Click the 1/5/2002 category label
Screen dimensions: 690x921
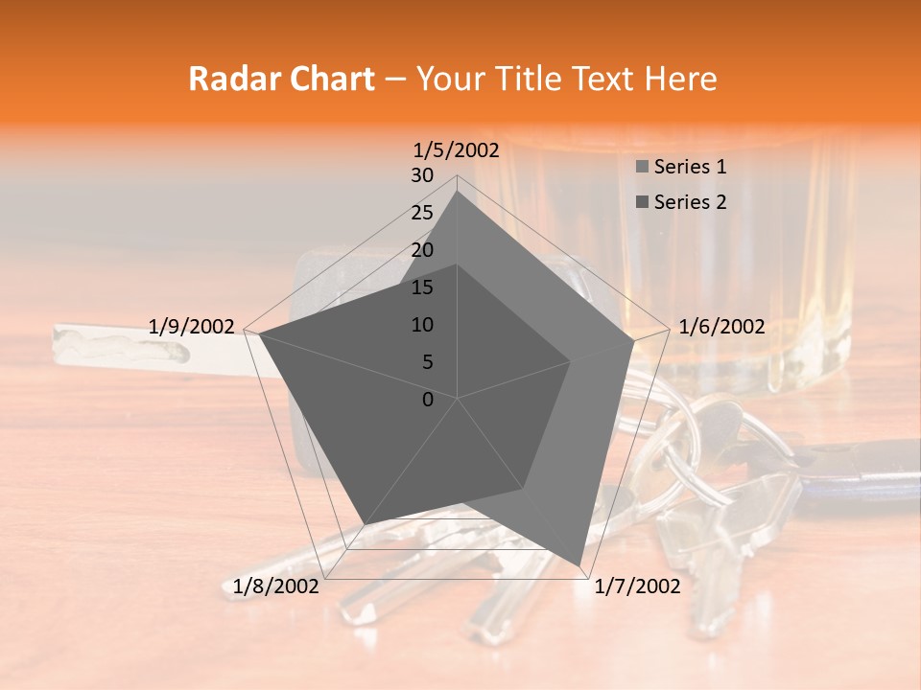pos(457,150)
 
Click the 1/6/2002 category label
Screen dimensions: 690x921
pos(721,327)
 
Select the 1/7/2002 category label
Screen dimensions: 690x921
pos(637,586)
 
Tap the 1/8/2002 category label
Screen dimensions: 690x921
pos(276,586)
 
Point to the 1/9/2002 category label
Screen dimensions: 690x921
pos(191,327)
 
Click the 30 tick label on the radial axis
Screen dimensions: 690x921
pos(422,175)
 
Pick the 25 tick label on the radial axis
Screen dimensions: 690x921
pos(422,213)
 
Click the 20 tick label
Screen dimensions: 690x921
pos(422,250)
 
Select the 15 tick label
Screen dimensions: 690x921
pos(422,287)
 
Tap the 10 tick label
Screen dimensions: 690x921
pos(422,325)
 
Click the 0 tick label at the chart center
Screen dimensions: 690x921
pos(428,400)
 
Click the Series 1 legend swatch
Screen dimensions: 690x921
pos(642,168)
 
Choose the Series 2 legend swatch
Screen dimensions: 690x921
pos(642,202)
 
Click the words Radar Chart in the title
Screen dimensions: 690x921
pos(281,80)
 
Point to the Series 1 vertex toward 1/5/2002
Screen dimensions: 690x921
pos(458,191)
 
